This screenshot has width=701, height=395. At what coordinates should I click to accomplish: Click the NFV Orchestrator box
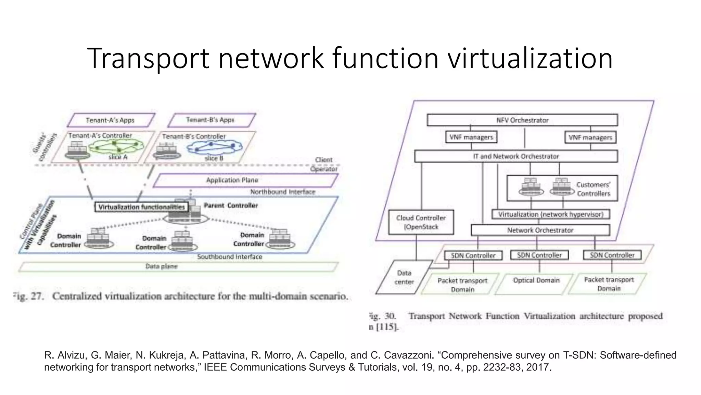point(522,120)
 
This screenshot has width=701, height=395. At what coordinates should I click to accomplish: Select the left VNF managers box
point(471,137)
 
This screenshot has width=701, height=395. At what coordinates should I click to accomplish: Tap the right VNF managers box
point(590,137)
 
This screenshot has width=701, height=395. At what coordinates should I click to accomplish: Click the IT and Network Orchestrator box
point(516,156)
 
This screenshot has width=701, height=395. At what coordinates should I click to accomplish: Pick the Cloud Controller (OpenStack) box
point(421,222)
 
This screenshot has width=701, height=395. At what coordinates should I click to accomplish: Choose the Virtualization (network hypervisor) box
point(550,214)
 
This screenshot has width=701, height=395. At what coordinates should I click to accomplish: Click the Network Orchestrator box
point(540,230)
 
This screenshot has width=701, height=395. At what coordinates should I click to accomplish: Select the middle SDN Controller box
point(539,255)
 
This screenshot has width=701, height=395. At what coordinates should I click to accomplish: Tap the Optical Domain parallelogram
point(536,283)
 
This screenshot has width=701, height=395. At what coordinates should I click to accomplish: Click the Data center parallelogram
point(404,277)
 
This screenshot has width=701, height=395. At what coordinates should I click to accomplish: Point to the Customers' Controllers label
point(593,189)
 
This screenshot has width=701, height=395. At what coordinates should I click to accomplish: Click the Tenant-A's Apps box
point(110,120)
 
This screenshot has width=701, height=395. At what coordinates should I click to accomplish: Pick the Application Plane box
point(232,180)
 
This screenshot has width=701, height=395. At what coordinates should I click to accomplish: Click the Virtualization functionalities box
point(141,207)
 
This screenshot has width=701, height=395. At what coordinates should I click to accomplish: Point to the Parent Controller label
point(231,205)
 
